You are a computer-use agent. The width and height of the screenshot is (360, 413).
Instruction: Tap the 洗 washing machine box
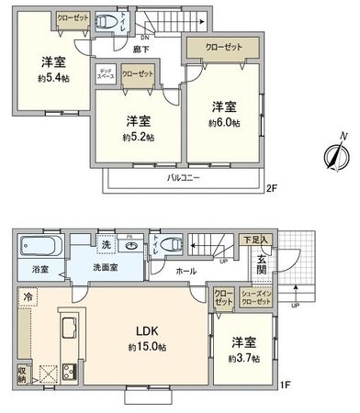pos(106,246)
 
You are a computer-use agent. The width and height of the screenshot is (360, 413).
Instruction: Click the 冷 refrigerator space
pos(28,296)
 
